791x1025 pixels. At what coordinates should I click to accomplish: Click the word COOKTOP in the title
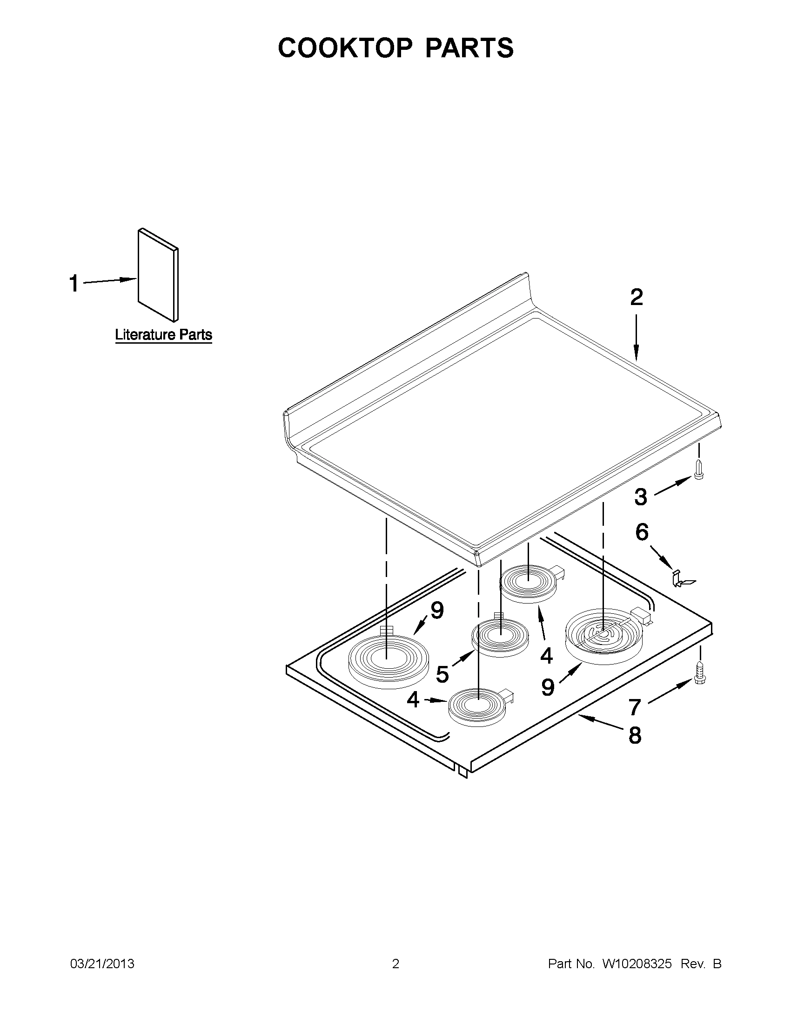(346, 48)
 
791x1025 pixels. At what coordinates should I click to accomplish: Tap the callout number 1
(74, 284)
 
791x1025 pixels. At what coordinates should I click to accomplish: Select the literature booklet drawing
(158, 276)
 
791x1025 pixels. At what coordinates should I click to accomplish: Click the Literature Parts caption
(164, 335)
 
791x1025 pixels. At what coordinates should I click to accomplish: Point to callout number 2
(636, 298)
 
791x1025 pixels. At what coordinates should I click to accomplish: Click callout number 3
(641, 497)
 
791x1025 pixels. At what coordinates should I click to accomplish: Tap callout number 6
(642, 532)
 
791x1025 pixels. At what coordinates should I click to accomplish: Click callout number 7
(635, 708)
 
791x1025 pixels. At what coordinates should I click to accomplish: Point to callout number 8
(634, 735)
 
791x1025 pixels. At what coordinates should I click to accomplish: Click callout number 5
(442, 674)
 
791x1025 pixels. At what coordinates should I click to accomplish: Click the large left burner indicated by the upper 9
(388, 658)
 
